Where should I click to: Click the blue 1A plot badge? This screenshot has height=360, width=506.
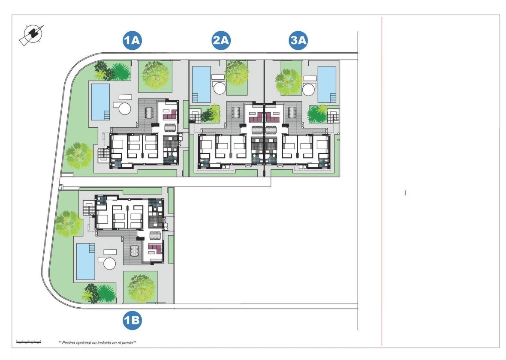click(x=132, y=41)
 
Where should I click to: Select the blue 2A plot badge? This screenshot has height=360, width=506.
click(x=221, y=41)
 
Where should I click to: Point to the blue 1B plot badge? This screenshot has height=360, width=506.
click(x=132, y=320)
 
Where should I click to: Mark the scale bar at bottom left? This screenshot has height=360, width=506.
click(x=28, y=341)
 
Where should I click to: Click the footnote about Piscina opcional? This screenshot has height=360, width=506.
click(x=97, y=343)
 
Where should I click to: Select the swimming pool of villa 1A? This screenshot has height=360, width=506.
click(x=100, y=102)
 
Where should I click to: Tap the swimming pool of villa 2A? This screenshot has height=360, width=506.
click(x=202, y=84)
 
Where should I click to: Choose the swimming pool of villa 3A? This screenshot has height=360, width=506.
click(x=327, y=84)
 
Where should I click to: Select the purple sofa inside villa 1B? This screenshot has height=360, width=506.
click(x=155, y=249)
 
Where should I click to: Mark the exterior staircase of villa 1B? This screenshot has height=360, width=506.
click(x=89, y=209)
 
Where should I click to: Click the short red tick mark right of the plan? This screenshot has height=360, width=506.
click(x=405, y=193)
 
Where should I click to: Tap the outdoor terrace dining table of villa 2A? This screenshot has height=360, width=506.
click(x=236, y=112)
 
